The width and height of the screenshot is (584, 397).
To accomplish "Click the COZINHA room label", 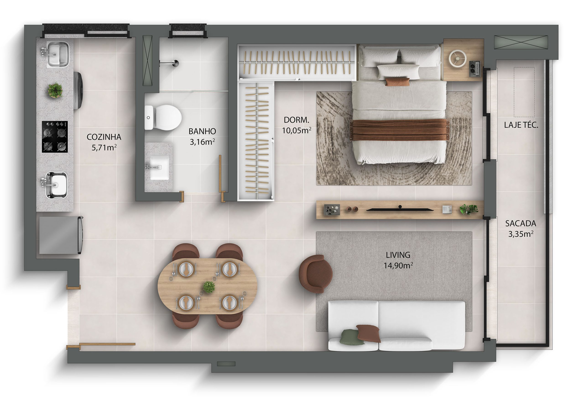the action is pos(104,137).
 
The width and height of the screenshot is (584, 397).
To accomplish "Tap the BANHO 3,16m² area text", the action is pos(202,137).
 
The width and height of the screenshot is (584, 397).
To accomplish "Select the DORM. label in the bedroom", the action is pos(297,120).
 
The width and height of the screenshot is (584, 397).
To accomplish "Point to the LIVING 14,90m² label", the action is pos(398,260).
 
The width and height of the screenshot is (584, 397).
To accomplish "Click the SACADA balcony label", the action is pos(521,223).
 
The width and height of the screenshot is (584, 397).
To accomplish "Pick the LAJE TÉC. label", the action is pos(521,125).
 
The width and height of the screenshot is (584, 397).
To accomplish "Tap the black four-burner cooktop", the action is pos(55,137).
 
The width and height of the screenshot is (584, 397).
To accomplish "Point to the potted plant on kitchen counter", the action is pos(55,90).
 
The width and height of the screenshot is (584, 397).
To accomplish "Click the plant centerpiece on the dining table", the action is pos(209,287).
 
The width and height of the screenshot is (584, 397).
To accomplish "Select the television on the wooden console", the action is pos(400,209).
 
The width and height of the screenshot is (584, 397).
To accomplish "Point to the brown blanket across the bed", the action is pos(399,130).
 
